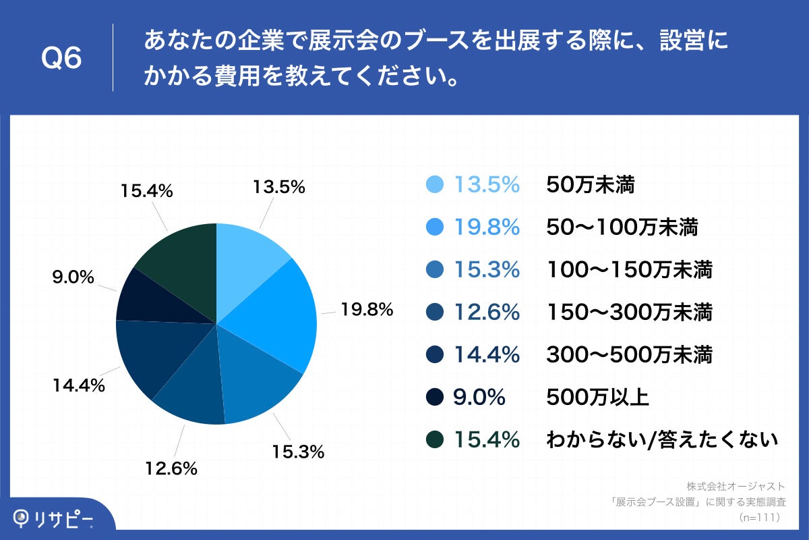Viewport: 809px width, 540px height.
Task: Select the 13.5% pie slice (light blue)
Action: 246,259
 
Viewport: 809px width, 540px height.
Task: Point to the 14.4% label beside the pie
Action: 79,385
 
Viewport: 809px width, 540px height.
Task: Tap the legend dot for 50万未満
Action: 436,184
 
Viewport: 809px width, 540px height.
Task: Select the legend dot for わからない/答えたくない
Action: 436,439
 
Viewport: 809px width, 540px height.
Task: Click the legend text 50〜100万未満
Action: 621,227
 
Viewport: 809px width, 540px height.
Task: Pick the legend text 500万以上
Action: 597,397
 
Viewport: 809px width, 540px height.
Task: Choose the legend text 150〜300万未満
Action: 629,312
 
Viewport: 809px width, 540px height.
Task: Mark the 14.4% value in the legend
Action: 487,354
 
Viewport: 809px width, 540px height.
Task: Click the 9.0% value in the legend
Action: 479,397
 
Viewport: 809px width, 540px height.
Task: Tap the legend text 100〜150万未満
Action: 629,270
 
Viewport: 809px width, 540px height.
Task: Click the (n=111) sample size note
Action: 759,517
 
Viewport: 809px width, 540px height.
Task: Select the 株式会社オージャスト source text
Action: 736,486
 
